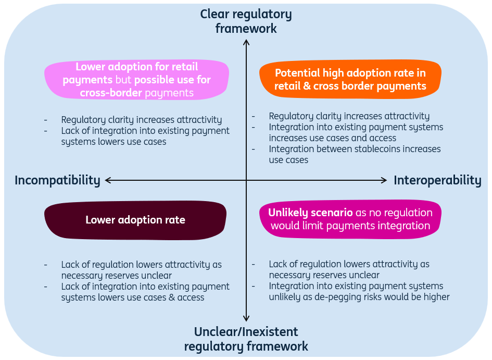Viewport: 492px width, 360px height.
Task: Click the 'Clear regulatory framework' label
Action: pos(246,21)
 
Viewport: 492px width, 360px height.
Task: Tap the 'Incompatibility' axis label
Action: pos(57,180)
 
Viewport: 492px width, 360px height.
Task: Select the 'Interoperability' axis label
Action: pos(437,180)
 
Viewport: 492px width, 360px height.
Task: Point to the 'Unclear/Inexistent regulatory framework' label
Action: pos(246,339)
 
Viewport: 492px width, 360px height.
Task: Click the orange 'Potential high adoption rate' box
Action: pos(350,79)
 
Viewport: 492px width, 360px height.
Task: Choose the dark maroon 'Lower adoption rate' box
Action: pos(135,220)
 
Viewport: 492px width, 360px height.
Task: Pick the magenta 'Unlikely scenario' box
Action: pos(350,219)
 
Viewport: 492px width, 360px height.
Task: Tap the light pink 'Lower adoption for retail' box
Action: pos(136,80)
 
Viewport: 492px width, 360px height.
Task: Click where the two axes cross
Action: pos(246,180)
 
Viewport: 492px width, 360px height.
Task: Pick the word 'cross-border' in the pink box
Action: pos(111,93)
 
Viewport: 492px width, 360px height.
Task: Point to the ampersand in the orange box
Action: pos(307,86)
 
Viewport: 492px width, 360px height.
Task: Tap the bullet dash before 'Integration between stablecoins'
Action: pos(253,149)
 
